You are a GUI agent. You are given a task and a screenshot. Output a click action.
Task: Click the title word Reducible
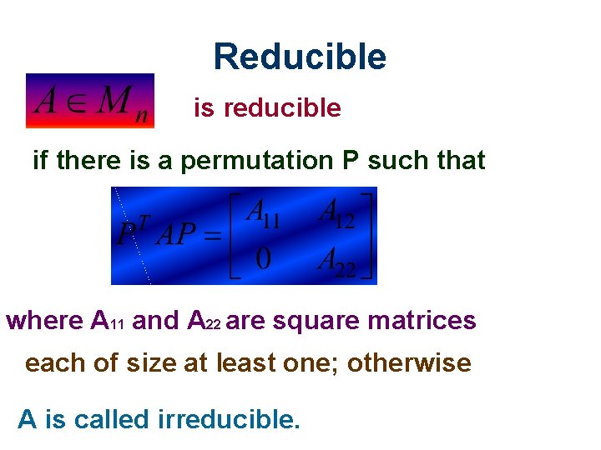pos(300,57)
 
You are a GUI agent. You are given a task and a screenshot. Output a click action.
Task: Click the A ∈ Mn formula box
pos(90,101)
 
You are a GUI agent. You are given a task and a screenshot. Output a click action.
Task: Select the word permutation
pos(258,160)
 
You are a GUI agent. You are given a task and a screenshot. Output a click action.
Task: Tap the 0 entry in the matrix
pos(263,261)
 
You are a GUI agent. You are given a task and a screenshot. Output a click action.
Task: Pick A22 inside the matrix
pos(337,262)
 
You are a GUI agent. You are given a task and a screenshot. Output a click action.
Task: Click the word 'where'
pos(44,320)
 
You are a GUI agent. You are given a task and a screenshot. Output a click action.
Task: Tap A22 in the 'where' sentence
pos(205,321)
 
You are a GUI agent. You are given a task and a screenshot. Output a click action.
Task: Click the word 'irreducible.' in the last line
pos(228,419)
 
